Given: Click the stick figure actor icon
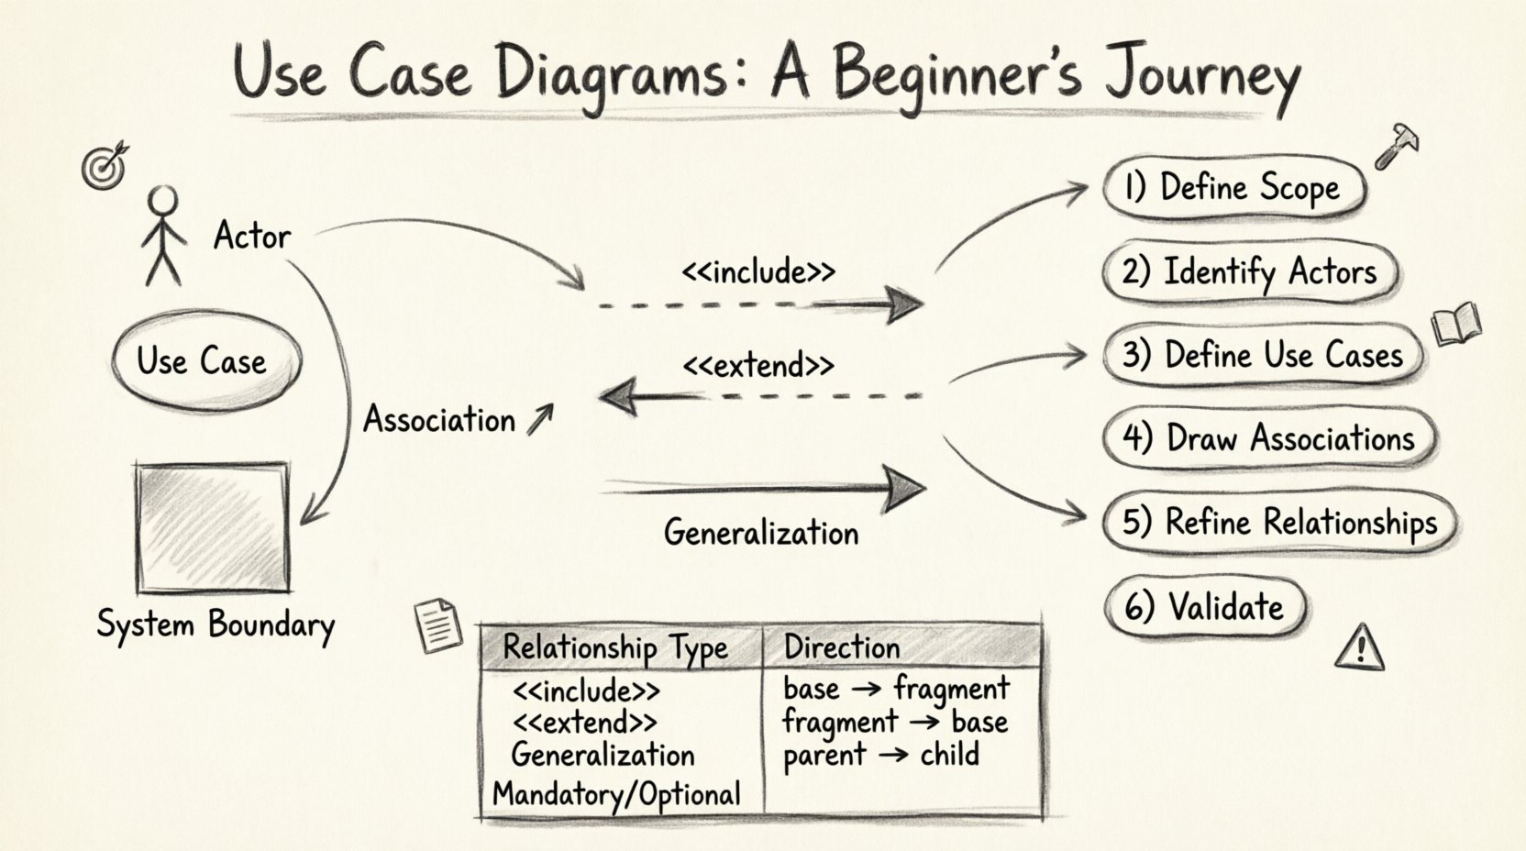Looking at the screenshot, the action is (163, 236).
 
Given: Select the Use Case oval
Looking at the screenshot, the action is (204, 360).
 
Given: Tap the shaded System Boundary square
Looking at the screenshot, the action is (212, 527).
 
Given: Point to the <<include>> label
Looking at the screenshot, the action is (758, 272).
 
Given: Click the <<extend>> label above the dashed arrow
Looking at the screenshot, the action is (758, 366).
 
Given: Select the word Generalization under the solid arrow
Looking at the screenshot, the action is (761, 533).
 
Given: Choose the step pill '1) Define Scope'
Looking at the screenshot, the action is (1233, 188).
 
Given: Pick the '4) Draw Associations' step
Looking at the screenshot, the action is (1268, 438).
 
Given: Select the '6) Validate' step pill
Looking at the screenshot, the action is (1204, 606).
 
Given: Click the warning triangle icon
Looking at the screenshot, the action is (1359, 647).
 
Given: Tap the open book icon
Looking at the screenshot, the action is (1455, 324).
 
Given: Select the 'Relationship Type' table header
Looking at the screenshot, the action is (615, 647).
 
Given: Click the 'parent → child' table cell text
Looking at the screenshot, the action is (881, 755).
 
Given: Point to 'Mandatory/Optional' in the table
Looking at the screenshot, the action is (616, 793).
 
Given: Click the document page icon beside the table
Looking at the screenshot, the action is (437, 626).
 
